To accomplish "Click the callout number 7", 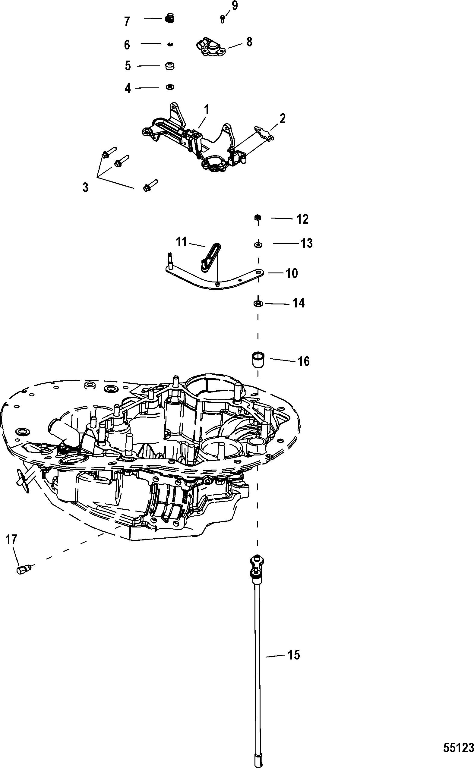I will coord(127,22).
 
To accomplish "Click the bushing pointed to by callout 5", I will coord(169,66).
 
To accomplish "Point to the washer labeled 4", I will coord(169,87).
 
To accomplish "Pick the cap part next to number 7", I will coord(169,18).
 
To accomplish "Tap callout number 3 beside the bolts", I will coord(85,187).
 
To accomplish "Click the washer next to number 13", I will coord(258,244).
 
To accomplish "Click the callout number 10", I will coord(292,274).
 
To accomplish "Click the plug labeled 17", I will coord(23,569).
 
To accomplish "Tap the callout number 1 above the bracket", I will coord(206,110).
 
